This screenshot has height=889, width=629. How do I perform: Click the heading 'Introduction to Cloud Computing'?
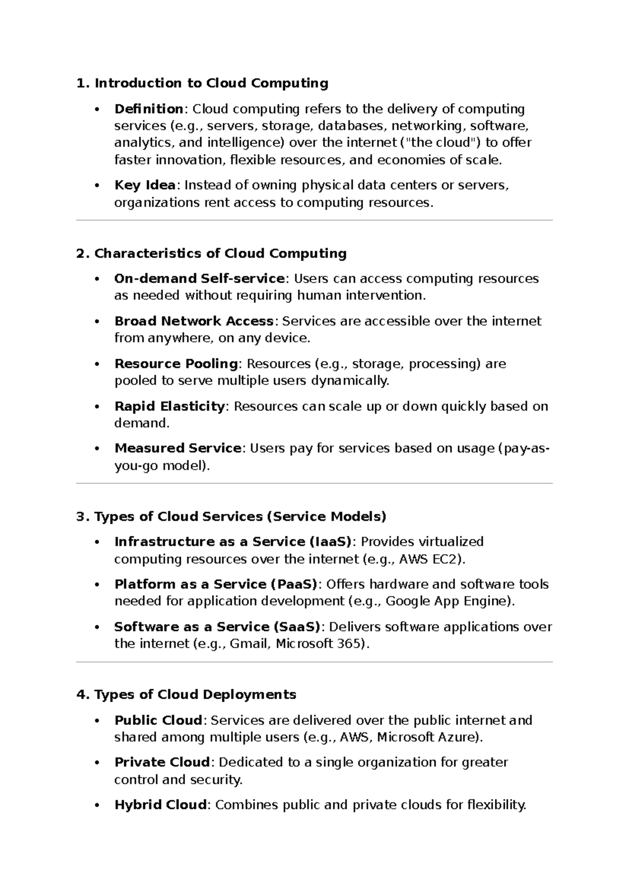(211, 83)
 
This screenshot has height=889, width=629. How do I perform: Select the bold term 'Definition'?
(148, 109)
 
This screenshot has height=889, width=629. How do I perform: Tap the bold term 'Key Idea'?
(145, 186)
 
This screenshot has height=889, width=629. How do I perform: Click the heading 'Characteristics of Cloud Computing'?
(220, 254)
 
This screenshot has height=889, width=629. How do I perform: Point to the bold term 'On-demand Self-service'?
(200, 279)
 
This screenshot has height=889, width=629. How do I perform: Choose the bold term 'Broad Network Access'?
(194, 321)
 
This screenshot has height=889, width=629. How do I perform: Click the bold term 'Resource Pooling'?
(176, 364)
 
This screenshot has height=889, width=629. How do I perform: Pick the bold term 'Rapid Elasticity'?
(169, 406)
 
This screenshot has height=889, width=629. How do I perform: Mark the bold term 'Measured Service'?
(178, 449)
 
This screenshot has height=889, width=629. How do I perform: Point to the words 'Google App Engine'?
(447, 601)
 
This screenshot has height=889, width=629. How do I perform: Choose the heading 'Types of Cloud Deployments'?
(195, 695)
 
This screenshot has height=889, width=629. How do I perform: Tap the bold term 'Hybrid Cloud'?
(160, 805)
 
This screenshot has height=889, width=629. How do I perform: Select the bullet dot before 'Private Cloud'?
(96, 763)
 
